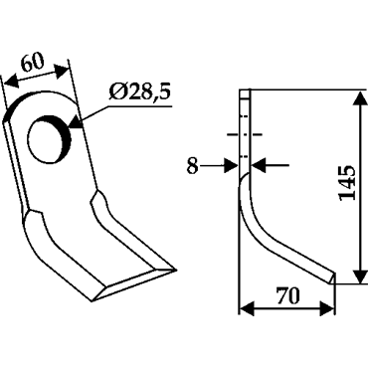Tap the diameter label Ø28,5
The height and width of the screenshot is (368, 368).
pos(139,92)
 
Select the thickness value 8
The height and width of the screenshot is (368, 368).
pos(193,166)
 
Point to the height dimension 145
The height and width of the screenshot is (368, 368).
pos(347,182)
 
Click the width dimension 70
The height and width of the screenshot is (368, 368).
pos(288,296)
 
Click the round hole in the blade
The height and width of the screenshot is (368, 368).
pos(49,139)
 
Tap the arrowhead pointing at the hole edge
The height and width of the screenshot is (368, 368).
pos(75,122)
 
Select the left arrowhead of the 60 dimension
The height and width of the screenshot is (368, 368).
pos(12,82)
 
